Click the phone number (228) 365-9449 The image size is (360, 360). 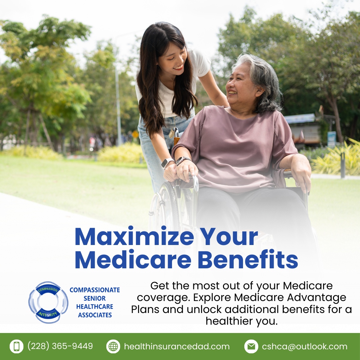click(x=60, y=346)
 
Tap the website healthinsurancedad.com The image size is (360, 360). click(x=177, y=347)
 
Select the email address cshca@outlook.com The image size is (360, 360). click(x=304, y=347)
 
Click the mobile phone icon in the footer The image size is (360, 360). click(x=16, y=347)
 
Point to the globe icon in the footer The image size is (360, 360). click(x=113, y=347)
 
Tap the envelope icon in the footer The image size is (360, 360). click(x=251, y=347)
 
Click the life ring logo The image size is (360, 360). click(x=48, y=302)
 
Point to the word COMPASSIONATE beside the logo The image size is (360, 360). click(x=95, y=290)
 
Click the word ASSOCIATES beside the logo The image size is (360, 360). click(x=95, y=315)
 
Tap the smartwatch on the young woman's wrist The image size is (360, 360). click(x=167, y=163)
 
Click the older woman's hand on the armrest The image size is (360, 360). click(x=302, y=175)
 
